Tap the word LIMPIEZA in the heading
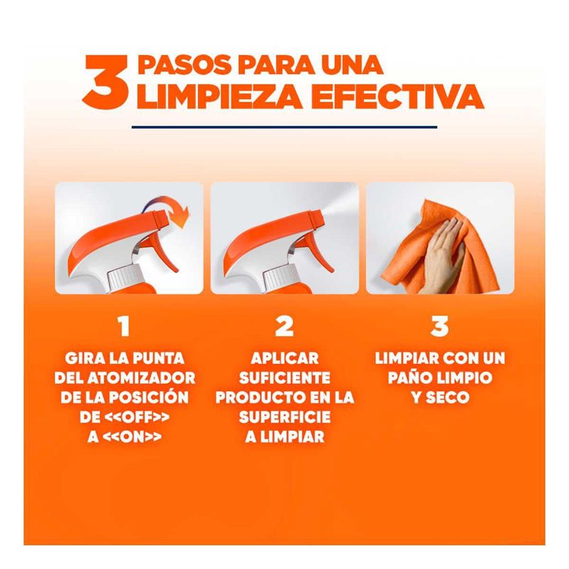pyautogui.click(x=219, y=97)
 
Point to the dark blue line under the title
pyautogui.click(x=284, y=127)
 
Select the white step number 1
pyautogui.click(x=124, y=326)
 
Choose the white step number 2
pyautogui.click(x=284, y=326)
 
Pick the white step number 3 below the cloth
pyautogui.click(x=440, y=326)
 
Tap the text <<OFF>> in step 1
pyautogui.click(x=137, y=418)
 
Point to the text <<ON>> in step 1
pyautogui.click(x=132, y=437)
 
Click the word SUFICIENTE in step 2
pyautogui.click(x=284, y=378)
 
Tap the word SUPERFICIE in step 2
pyautogui.click(x=284, y=418)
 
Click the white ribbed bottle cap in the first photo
pyautogui.click(x=125, y=277)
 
